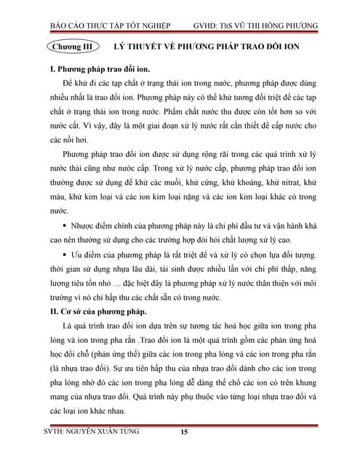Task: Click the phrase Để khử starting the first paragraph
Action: point(77,84)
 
